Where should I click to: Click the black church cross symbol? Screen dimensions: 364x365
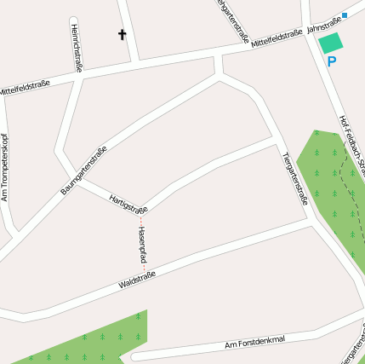point(122,35)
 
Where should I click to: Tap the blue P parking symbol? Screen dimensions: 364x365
point(332,61)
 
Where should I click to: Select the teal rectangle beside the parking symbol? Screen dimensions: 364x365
point(330,43)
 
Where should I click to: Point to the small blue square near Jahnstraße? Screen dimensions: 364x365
point(344,15)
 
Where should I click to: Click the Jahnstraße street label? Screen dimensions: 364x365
point(323,26)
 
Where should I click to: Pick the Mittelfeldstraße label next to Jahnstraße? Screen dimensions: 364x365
point(277,38)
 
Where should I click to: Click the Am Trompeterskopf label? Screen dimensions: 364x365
point(5,167)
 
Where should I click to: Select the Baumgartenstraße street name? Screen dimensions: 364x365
point(83,170)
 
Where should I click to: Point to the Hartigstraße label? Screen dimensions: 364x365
point(128,204)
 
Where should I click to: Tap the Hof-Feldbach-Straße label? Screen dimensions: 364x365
point(351,141)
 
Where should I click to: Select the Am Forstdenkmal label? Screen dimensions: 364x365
point(254,343)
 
